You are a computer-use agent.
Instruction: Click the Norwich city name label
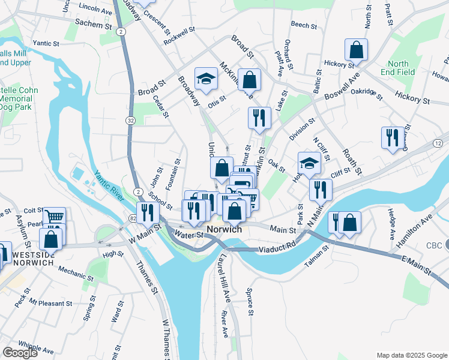pos(224,230)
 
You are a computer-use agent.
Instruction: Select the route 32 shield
pos(130,121)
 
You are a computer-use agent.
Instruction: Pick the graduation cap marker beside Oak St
pos(309,163)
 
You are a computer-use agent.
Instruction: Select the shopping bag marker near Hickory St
pos(357,51)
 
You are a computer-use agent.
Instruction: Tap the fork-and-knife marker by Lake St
pos(259,118)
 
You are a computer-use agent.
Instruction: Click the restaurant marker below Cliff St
pos(321,189)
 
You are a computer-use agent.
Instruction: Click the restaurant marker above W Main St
pos(148,212)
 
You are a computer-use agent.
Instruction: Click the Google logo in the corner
pos(20,352)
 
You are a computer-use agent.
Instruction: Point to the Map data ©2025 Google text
pos(412,355)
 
